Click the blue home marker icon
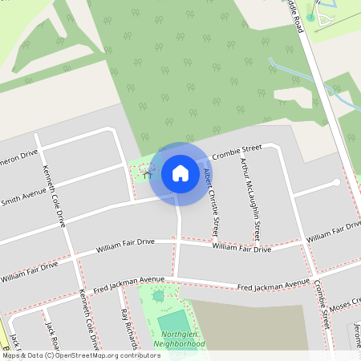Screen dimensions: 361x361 click(180, 172)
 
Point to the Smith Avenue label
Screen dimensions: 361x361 click(24, 197)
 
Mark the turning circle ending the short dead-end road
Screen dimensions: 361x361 click(337, 183)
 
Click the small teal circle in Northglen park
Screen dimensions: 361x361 click(158, 296)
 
